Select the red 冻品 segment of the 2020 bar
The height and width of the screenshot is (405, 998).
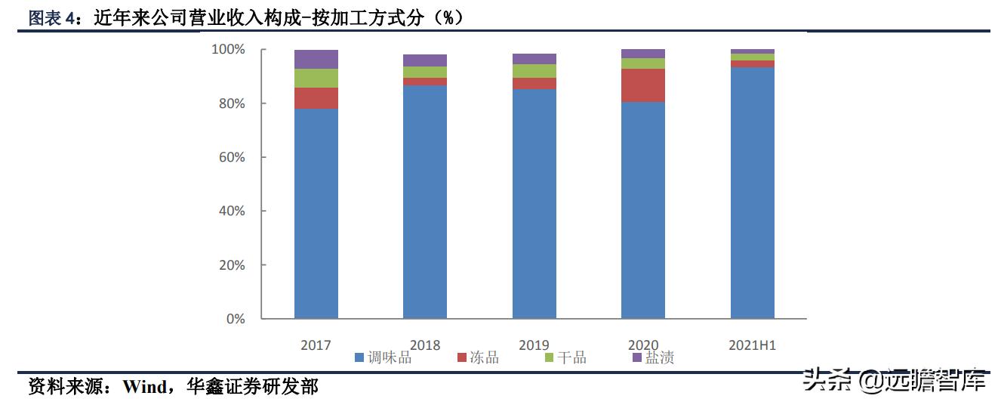642,85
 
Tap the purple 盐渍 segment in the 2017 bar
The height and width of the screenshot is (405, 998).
316,59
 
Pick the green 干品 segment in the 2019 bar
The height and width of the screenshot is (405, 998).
534,71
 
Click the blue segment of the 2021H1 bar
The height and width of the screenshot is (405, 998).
752,193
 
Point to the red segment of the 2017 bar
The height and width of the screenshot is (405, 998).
316,98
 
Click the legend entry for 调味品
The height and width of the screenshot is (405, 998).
383,357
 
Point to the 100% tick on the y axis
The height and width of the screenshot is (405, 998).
227,50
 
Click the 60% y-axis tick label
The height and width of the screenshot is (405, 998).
230,157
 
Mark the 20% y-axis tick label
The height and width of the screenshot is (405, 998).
230,265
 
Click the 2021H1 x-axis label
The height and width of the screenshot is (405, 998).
752,345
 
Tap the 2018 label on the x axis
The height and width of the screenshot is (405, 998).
425,345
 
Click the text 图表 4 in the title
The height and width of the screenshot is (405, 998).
53,19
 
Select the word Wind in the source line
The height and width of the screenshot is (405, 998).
144,388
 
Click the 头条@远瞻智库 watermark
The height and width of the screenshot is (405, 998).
894,381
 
